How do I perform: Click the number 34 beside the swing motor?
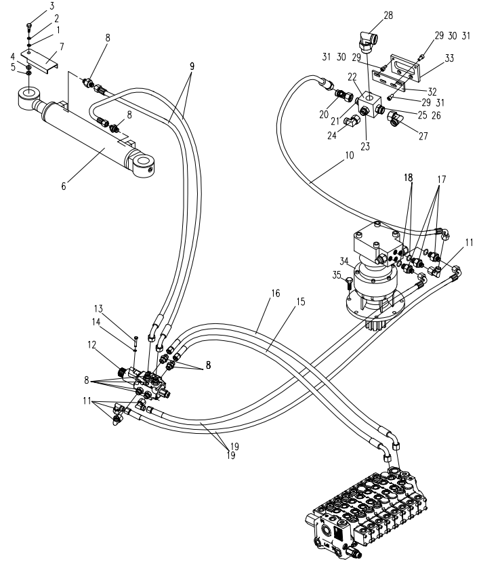click(x=343, y=261)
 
